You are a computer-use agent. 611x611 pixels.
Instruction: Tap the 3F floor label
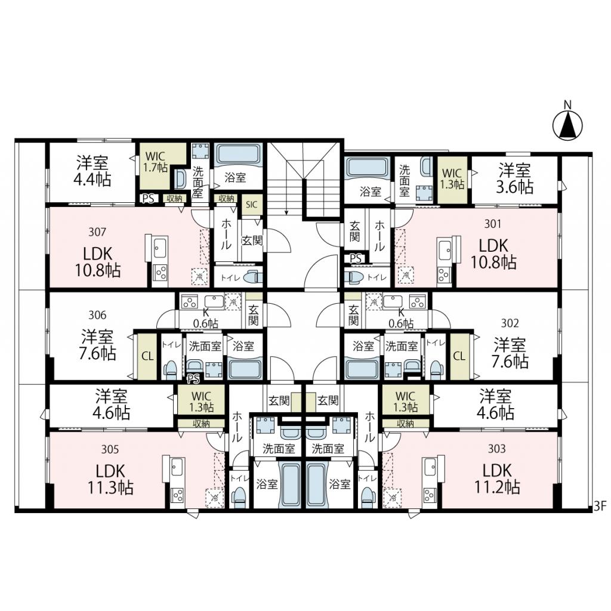point(600,506)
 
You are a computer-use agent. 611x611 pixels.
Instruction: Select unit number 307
point(97,232)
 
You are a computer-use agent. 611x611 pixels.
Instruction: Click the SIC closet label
point(252,204)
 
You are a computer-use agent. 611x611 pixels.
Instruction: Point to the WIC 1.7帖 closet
point(156,162)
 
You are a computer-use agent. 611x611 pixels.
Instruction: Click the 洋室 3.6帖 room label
point(515,178)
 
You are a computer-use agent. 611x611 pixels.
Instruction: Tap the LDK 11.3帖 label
point(110,479)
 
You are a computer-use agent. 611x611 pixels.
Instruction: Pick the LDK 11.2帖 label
point(497,478)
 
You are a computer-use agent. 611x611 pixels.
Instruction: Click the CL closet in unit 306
point(147,356)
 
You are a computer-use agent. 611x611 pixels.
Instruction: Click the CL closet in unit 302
point(460,356)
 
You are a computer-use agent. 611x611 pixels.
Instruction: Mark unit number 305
point(110,450)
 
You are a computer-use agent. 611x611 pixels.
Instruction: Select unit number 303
point(497,449)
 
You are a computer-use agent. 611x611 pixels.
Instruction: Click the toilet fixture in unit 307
point(252,278)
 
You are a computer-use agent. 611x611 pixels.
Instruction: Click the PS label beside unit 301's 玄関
point(356,258)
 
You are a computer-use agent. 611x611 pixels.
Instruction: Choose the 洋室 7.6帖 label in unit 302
point(510,353)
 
